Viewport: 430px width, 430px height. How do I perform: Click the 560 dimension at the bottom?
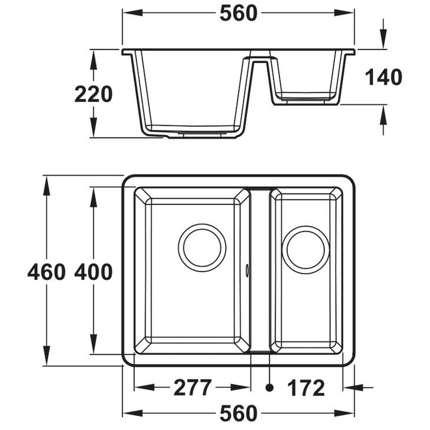coord(238,413)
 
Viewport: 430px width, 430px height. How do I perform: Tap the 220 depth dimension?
coord(93,94)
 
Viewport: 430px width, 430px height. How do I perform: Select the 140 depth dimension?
coord(383,77)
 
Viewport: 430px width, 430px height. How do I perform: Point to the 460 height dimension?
coord(46,272)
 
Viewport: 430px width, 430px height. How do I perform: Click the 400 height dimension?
coord(93,272)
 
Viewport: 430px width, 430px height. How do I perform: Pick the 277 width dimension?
coord(192,388)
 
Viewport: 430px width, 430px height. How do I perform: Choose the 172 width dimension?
coord(306,388)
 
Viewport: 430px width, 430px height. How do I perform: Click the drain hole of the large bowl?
coord(202,248)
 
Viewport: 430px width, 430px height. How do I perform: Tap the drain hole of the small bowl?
coord(305,250)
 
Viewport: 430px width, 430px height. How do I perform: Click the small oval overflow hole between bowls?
coord(247,270)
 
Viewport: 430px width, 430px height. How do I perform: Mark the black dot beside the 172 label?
coord(270,388)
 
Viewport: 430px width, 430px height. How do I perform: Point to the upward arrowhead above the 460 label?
coord(46,182)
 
